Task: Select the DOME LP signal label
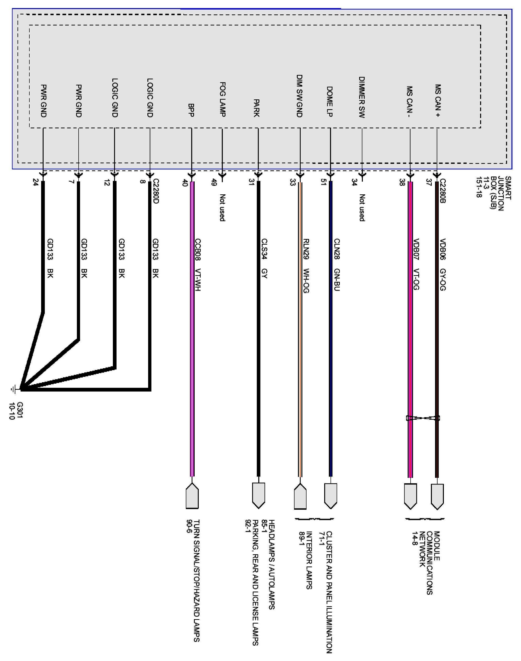click(x=330, y=102)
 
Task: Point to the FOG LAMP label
click(x=222, y=99)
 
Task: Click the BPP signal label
click(x=191, y=110)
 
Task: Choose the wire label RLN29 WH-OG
click(x=306, y=265)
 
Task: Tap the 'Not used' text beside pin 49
click(x=222, y=207)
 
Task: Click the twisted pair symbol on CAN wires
click(x=423, y=418)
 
